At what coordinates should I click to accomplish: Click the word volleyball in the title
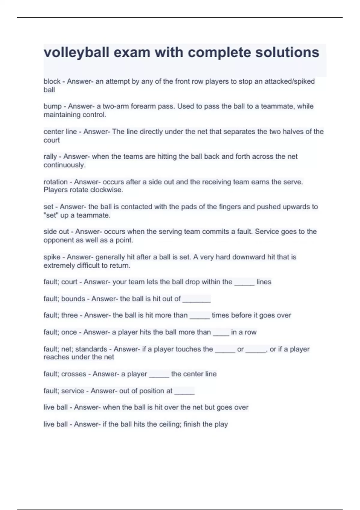76,53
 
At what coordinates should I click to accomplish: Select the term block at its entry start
52,81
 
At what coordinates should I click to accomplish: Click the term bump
52,106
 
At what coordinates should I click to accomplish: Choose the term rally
50,157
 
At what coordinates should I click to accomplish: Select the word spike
52,257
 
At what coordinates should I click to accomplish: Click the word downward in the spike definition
247,257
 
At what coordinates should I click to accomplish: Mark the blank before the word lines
244,283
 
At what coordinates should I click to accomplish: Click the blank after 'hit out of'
196,299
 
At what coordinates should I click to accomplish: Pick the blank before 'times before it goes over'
199,316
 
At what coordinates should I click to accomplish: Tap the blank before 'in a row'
221,333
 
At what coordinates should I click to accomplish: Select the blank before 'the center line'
159,375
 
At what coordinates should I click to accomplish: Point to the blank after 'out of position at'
184,391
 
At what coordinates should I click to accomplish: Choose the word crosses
73,374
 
